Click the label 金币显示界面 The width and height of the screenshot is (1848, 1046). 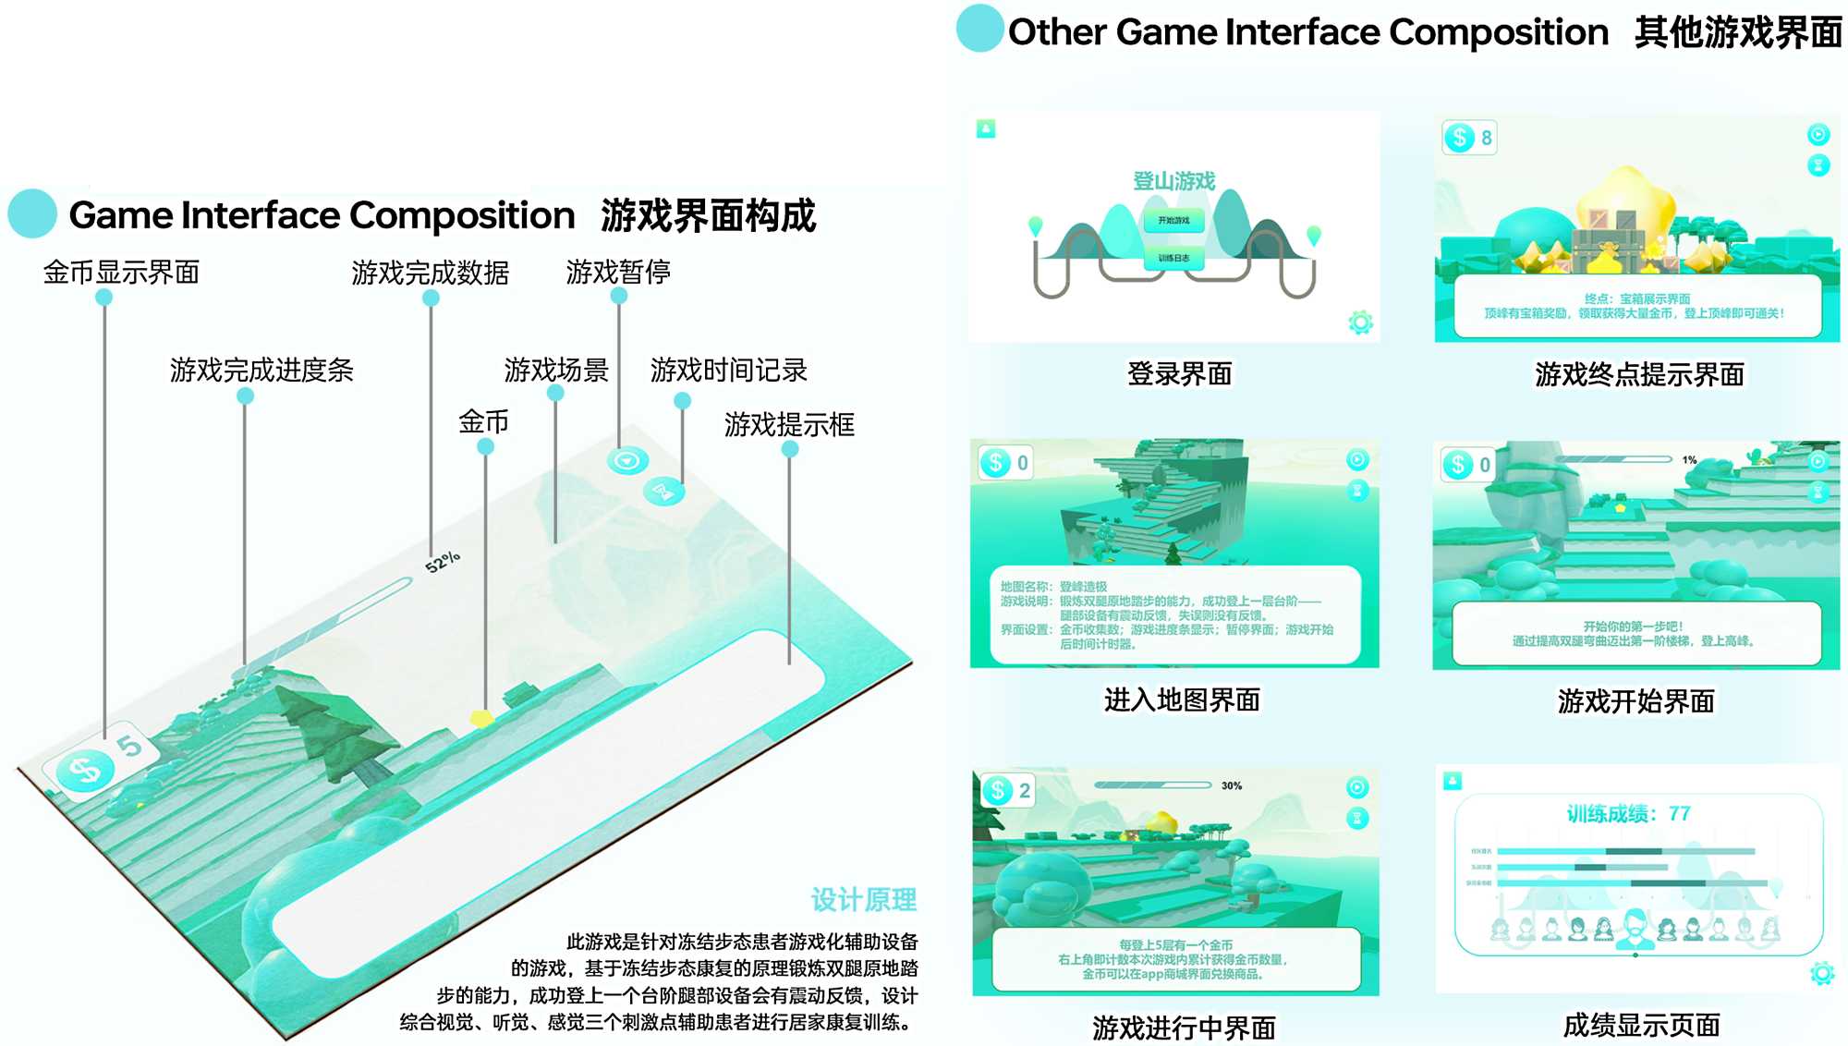121,273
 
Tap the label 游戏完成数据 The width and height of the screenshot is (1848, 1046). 430,273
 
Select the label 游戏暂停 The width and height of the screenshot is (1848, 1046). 618,272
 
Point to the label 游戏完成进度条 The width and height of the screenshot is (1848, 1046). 261,370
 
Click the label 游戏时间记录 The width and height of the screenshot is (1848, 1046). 728,370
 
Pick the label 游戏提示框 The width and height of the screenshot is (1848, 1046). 789,424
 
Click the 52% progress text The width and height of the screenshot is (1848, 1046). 443,561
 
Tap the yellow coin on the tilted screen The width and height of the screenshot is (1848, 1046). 481,717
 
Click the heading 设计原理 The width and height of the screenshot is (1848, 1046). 863,899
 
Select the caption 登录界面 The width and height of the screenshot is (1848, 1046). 1179,373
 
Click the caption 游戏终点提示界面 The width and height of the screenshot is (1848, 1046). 1639,374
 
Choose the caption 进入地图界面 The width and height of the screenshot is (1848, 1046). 1182,699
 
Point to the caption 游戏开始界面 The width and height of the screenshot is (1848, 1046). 1635,701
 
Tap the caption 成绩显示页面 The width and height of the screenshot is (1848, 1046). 1641,1025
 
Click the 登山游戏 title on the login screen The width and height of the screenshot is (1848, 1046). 1174,181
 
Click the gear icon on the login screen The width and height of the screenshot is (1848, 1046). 1360,322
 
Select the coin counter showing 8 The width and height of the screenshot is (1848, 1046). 1469,138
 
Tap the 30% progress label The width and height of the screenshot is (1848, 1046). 1232,785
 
